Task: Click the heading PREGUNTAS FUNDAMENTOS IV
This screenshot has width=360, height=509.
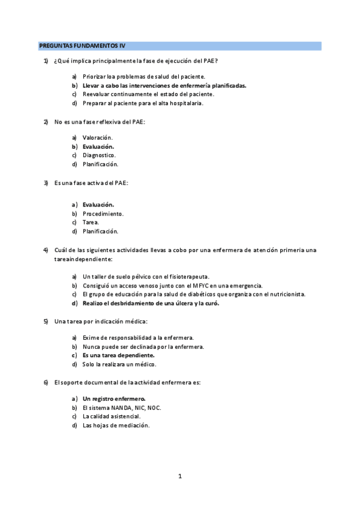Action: click(82, 45)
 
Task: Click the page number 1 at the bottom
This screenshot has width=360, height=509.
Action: click(179, 477)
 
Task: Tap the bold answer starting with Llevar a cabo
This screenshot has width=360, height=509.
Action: click(164, 85)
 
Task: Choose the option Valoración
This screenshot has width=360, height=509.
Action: click(98, 137)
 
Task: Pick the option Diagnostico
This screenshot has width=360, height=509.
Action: click(99, 155)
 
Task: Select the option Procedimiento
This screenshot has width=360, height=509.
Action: click(103, 213)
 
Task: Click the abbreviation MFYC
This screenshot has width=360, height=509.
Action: click(201, 285)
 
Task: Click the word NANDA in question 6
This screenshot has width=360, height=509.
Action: click(114, 408)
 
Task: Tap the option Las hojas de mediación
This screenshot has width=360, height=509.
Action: click(116, 425)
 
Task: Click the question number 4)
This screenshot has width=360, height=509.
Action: click(46, 250)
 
